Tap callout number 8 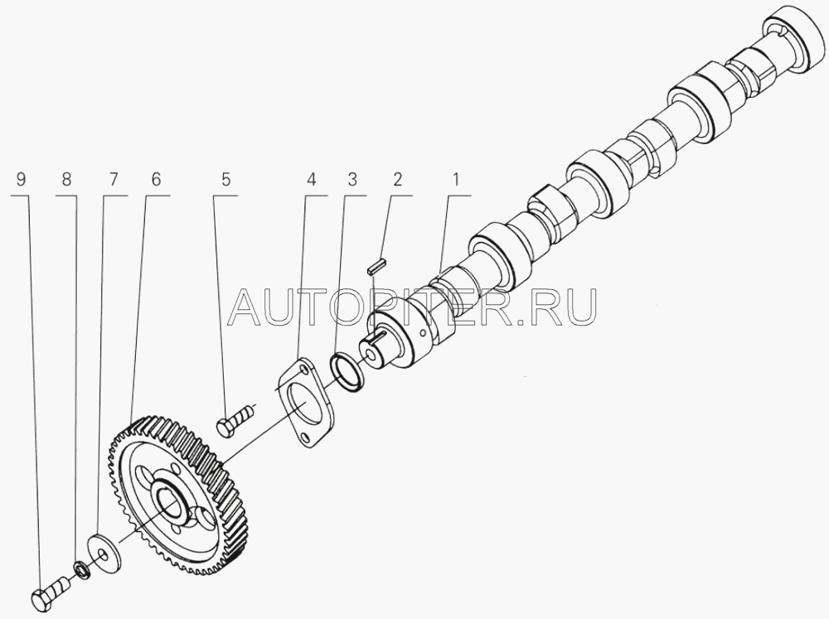pos(66,179)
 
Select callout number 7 pos(112,179)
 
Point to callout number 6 pos(156,179)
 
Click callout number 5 pos(224,179)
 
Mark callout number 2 pos(398,179)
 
